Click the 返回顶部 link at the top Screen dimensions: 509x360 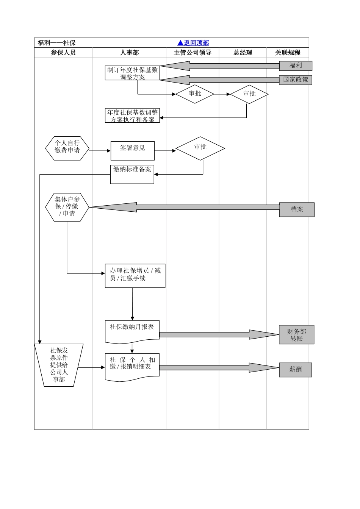193,43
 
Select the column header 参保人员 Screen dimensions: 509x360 63,53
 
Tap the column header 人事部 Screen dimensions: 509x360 129,53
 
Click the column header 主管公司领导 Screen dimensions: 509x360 193,53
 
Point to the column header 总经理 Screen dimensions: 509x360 243,53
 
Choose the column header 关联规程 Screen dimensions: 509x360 288,53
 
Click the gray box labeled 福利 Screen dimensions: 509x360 296,66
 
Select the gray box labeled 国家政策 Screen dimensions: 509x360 296,80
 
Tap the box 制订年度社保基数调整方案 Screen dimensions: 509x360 132,73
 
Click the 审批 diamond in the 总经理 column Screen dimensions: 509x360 249,94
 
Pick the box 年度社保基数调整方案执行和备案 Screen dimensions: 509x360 132,116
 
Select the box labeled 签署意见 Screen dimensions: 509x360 132,150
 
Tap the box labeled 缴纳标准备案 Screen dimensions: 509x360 132,174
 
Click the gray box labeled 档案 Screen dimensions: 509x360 297,209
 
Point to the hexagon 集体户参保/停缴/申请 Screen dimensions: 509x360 67,207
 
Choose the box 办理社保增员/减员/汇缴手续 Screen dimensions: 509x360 135,276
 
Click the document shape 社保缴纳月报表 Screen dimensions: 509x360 132,331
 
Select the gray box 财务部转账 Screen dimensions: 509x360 296,334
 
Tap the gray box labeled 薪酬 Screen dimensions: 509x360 296,370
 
